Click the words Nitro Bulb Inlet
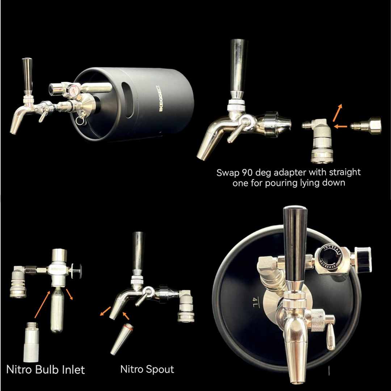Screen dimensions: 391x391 click(x=46, y=369)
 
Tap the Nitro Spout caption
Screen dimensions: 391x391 click(x=147, y=369)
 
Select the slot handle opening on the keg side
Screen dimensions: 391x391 click(x=126, y=94)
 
